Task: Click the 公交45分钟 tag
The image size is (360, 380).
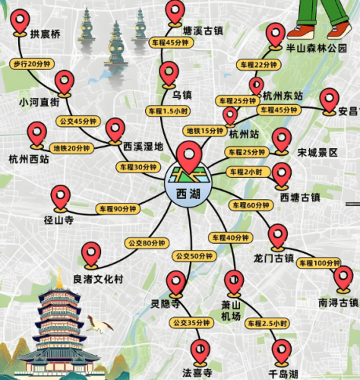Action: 86,121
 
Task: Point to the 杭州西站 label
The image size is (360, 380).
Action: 28,160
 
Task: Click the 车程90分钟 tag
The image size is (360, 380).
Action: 116,208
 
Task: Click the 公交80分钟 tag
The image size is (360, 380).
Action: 144,242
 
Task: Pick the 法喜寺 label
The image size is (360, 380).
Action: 197,373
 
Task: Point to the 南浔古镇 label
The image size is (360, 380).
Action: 338,302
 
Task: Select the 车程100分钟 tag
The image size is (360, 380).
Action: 319,263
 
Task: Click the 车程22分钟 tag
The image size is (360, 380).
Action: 257,64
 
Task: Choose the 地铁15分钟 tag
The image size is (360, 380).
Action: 205,131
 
